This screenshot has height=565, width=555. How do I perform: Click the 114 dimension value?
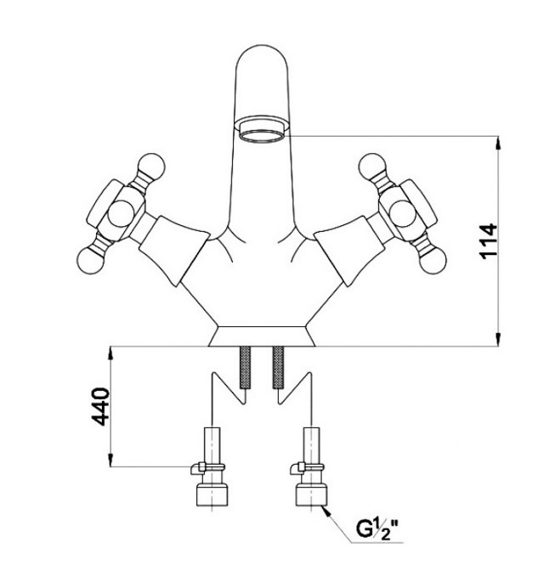point(489,240)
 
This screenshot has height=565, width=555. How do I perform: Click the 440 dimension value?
point(99,406)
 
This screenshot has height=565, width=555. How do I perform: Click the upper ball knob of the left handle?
point(152,167)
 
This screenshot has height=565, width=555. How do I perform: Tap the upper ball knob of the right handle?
point(372,167)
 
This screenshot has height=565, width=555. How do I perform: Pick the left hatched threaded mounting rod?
point(245,367)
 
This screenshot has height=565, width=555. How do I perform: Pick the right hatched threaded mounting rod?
point(278,367)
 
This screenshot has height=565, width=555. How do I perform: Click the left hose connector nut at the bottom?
point(212,494)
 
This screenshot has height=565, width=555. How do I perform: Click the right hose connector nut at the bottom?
point(311,494)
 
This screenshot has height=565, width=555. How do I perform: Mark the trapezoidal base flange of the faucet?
point(262,336)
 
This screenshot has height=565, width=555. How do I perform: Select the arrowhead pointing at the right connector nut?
point(326,511)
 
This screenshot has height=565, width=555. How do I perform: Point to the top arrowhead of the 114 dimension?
point(498,143)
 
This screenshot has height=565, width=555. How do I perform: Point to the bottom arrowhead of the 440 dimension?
point(110,460)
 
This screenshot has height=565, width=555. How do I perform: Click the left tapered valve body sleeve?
point(173,251)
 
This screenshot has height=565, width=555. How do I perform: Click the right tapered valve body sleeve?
point(350,251)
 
